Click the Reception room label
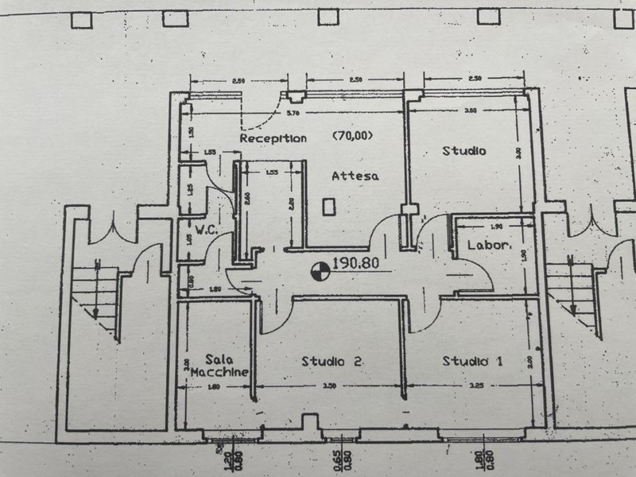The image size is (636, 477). coord(273,138)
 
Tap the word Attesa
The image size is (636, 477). coord(355,176)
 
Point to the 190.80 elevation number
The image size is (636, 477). coord(358,263)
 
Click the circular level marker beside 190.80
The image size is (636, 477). coord(320,272)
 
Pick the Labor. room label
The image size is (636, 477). coord(488,246)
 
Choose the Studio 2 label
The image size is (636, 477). coord(332,362)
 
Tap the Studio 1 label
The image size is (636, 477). coord(472,362)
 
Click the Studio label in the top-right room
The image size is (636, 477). coord(464,150)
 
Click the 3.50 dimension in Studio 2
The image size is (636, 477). coord(329,386)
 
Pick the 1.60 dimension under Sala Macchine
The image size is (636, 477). coord(213,387)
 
